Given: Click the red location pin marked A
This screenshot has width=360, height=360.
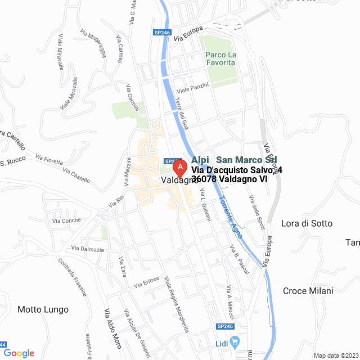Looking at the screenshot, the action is (x=179, y=168).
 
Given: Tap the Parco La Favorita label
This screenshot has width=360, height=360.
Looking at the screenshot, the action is (x=219, y=58).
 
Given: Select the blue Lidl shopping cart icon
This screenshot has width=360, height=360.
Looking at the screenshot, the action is (x=236, y=341).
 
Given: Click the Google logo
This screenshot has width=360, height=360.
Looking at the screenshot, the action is (x=19, y=353).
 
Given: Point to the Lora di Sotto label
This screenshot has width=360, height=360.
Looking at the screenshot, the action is (x=307, y=223).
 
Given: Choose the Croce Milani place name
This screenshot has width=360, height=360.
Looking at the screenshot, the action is (x=308, y=291).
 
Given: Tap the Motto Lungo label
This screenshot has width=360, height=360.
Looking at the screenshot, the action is (x=43, y=309).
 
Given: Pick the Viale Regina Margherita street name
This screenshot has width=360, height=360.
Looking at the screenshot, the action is (x=176, y=304).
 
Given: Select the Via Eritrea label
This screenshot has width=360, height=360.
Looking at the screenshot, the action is (x=147, y=282).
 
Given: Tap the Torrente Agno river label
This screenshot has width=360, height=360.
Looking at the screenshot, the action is (x=230, y=216).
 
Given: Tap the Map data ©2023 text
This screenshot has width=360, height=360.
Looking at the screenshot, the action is (x=335, y=355).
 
